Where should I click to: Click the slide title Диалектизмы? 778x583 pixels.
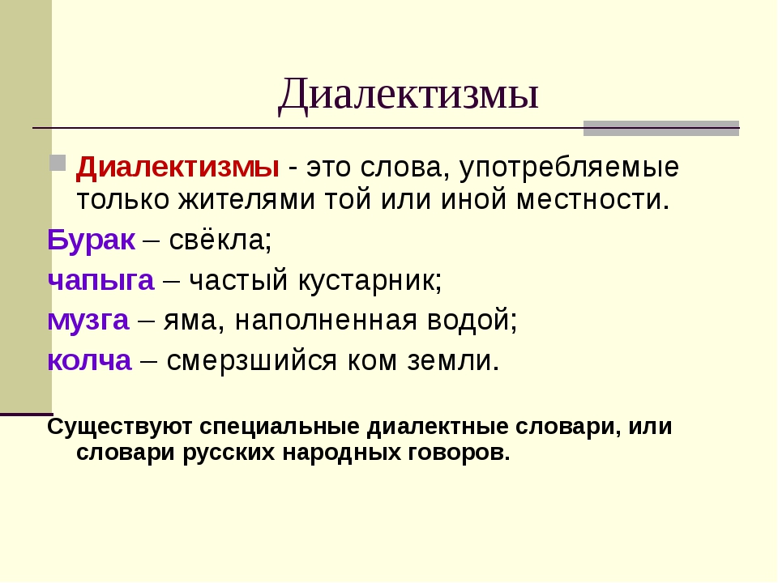click(x=408, y=94)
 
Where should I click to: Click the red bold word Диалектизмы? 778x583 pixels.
click(x=177, y=167)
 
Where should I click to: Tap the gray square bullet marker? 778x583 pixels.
click(x=58, y=163)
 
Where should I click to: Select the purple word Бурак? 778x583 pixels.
click(x=91, y=240)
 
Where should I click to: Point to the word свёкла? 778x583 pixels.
click(x=220, y=240)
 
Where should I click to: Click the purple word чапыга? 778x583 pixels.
click(x=100, y=281)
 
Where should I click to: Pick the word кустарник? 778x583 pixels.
click(x=370, y=281)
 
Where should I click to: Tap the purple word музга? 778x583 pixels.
click(x=88, y=321)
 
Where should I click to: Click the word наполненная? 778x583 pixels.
click(x=326, y=321)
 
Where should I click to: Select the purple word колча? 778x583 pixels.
click(x=89, y=360)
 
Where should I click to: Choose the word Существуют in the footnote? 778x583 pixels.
click(x=119, y=427)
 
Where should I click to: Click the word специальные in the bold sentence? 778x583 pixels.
click(x=280, y=427)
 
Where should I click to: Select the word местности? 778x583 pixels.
click(x=593, y=200)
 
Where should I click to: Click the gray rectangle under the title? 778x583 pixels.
click(x=661, y=128)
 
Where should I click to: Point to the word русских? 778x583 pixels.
click(x=229, y=453)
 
